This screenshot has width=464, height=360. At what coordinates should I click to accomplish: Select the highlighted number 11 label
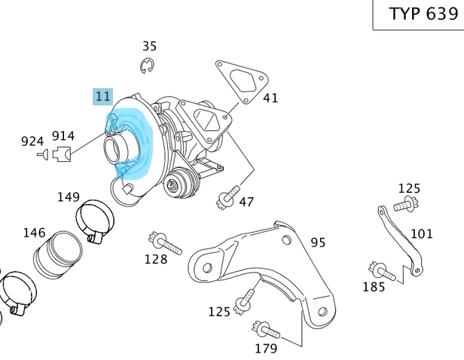[102, 96]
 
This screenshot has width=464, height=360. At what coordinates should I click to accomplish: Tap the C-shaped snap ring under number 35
[148, 66]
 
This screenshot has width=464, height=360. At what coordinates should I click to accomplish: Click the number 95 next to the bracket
[318, 243]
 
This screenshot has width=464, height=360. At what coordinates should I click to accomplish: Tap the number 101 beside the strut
[421, 233]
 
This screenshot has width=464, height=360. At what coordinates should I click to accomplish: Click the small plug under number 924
[43, 155]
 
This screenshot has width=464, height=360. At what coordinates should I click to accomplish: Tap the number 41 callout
[270, 98]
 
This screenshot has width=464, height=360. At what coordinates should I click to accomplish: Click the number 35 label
[150, 46]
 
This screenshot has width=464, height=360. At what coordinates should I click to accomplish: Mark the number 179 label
[266, 348]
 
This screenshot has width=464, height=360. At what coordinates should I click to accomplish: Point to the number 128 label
[156, 260]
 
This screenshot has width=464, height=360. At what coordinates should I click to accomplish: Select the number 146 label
[34, 233]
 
